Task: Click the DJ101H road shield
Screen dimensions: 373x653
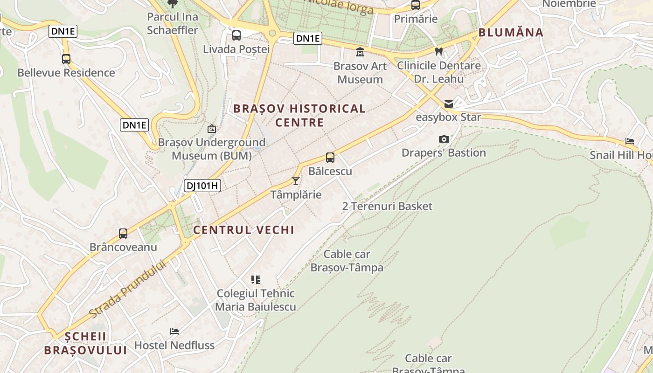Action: [x=202, y=186]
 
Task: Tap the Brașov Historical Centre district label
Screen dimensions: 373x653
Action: [x=299, y=116]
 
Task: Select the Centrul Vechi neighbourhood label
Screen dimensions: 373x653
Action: [x=243, y=230]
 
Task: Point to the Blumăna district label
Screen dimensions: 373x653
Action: [x=511, y=33]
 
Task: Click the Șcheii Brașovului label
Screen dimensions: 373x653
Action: [x=85, y=343]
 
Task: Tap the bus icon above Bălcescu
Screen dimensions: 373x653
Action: [x=330, y=158]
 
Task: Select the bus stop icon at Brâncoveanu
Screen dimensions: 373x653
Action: [x=123, y=234]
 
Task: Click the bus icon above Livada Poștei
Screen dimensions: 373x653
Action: [x=236, y=35]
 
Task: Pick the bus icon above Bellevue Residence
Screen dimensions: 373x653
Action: [x=66, y=59]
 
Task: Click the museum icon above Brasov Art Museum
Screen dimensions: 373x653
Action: [x=360, y=52]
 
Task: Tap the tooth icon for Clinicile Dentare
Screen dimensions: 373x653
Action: [x=438, y=52]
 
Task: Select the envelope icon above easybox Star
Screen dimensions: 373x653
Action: [x=448, y=104]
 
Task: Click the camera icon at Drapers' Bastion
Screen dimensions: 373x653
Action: [x=444, y=139]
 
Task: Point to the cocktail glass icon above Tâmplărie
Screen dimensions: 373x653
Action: [x=296, y=181]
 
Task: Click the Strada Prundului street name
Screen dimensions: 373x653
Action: [x=127, y=290]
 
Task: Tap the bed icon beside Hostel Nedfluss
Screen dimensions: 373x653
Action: [x=174, y=332]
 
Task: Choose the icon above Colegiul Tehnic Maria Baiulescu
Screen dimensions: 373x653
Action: [x=255, y=280]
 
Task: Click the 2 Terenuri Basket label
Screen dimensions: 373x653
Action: [x=387, y=206]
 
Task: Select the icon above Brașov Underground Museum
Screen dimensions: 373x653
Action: [x=212, y=129]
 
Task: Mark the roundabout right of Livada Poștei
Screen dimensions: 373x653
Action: [x=272, y=33]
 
